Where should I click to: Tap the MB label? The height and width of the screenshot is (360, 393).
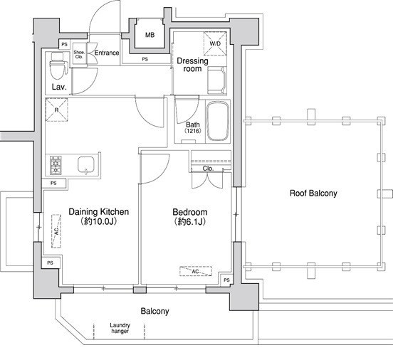click(x=150, y=35)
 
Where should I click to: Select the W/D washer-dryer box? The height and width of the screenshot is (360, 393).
click(x=215, y=43)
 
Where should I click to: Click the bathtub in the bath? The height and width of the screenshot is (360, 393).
click(x=218, y=121)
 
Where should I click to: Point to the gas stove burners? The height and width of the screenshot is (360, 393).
click(x=56, y=165)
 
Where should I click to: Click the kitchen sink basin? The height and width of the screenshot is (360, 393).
click(x=86, y=165)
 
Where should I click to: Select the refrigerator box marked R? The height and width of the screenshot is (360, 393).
click(x=57, y=110)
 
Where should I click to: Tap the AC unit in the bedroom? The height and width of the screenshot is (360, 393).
click(x=196, y=271)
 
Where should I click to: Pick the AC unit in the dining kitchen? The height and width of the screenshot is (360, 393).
click(x=56, y=231)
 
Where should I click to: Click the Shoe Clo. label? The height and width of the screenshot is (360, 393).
click(x=79, y=54)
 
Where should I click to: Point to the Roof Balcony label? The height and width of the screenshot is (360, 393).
click(x=313, y=193)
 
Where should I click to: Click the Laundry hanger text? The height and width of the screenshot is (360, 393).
click(x=120, y=328)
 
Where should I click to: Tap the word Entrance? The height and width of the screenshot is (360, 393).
click(x=107, y=53)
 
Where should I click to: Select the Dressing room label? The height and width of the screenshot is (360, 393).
click(x=192, y=65)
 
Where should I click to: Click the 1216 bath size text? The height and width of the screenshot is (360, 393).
click(x=193, y=131)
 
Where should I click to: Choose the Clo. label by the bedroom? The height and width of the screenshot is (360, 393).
click(x=208, y=169)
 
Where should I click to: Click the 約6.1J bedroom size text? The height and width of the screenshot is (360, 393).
click(x=189, y=221)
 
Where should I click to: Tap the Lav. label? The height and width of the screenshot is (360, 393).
click(x=59, y=87)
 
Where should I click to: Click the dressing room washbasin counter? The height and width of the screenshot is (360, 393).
click(x=217, y=80)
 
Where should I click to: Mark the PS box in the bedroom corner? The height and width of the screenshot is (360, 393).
click(x=226, y=280)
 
